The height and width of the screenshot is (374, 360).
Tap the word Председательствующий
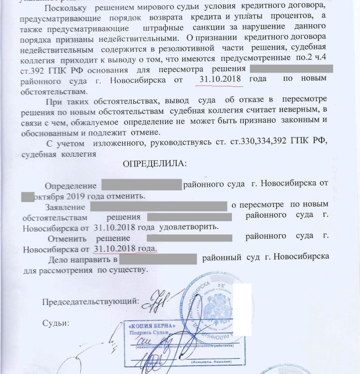[x=90, y=301]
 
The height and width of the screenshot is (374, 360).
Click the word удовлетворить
[x=190, y=227]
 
